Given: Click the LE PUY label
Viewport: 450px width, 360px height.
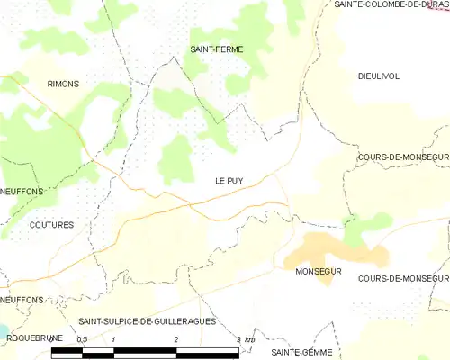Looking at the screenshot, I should pyautogui.click(x=229, y=179).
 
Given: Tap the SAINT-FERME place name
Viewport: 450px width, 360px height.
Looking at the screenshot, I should pyautogui.click(x=216, y=49).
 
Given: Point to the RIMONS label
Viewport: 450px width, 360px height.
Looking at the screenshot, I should pyautogui.click(x=63, y=84).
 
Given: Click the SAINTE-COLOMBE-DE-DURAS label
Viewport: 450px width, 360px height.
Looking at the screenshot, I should pyautogui.click(x=391, y=4).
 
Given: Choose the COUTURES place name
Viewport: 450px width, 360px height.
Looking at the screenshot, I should pyautogui.click(x=50, y=224).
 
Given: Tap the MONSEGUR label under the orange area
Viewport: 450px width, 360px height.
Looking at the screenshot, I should pyautogui.click(x=315, y=270).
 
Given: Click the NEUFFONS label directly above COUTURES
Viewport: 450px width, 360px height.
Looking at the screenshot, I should pyautogui.click(x=22, y=192).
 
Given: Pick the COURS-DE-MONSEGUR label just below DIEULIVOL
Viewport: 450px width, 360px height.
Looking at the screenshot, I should pyautogui.click(x=402, y=157).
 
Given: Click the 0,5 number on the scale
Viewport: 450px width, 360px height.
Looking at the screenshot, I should pyautogui.click(x=82, y=338).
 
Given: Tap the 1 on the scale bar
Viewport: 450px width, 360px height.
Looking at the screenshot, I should pyautogui.click(x=114, y=338).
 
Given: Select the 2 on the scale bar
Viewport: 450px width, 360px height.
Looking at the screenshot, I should pyautogui.click(x=176, y=338).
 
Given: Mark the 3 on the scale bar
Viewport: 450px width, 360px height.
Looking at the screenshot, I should pyautogui.click(x=238, y=338).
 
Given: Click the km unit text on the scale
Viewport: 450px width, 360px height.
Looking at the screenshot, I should pyautogui.click(x=251, y=339).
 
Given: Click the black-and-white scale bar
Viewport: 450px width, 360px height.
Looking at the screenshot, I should pyautogui.click(x=145, y=352).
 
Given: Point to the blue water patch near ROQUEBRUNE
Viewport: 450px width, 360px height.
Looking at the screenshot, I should pyautogui.click(x=2, y=332).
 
